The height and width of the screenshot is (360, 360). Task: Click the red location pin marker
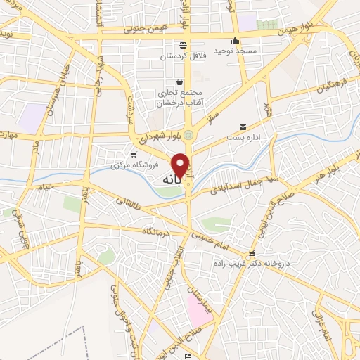pos(181,165)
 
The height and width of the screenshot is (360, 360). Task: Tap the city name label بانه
pos(173,181)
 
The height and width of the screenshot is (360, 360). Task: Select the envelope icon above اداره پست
pos(243,127)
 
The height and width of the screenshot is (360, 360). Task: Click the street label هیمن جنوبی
pos(143,30)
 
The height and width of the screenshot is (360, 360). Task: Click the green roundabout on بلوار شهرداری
pos(190,129)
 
